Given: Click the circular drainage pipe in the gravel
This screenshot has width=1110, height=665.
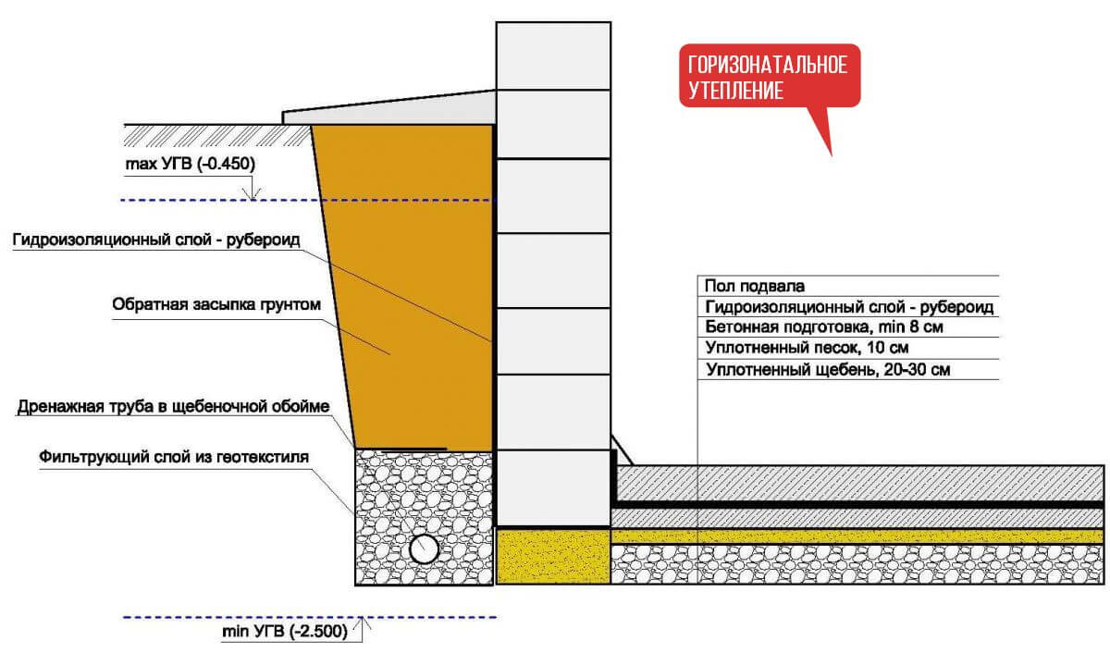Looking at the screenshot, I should [x=425, y=548].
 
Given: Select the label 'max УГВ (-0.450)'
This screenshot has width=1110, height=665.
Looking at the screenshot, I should [x=190, y=164].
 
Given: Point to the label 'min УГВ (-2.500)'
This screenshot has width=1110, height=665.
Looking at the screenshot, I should [x=287, y=633].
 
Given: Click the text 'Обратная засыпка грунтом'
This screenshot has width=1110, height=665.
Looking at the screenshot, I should [x=216, y=304].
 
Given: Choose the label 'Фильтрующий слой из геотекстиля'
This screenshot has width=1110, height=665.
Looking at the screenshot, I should [x=173, y=456].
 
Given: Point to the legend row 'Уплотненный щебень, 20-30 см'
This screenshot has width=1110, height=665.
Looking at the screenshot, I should [x=828, y=370].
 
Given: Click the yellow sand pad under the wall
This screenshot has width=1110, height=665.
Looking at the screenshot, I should [x=553, y=555].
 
